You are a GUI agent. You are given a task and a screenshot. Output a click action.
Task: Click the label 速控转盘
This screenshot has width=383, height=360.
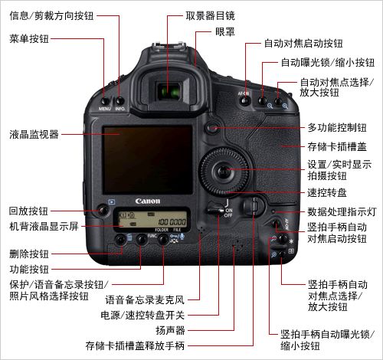(x=325, y=193)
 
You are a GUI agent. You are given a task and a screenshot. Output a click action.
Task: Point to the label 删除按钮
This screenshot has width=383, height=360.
(x=29, y=252)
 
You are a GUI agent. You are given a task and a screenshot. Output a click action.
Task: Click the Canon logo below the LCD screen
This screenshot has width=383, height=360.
(x=148, y=201)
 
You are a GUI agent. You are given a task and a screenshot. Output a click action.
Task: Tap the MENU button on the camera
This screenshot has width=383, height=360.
(x=105, y=100)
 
